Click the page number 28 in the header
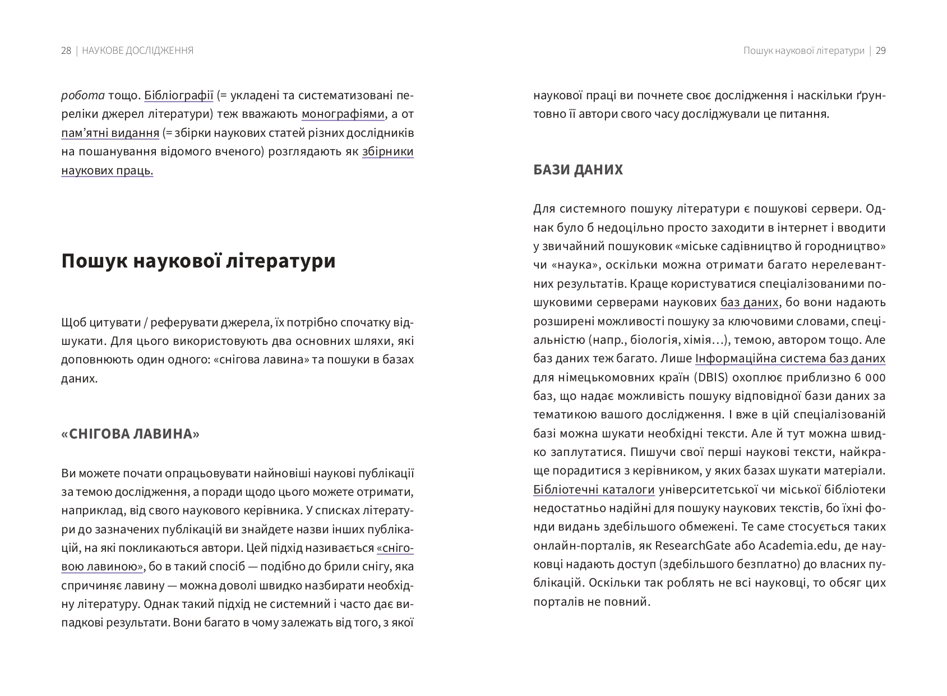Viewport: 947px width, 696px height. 66,50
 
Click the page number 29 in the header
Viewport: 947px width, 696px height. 880,50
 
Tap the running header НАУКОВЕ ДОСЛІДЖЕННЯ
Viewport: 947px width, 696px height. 137,50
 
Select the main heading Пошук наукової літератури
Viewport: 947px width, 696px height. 198,261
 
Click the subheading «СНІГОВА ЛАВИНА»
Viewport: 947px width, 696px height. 130,434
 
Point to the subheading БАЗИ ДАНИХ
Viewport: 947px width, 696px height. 578,169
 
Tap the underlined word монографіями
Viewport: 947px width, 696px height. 343,114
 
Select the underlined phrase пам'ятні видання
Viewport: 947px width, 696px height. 110,133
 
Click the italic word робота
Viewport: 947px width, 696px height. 82,95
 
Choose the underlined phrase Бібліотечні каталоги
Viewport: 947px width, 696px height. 594,490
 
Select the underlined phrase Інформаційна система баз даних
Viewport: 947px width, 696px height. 790,358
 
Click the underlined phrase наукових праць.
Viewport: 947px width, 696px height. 107,170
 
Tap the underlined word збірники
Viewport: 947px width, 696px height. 387,152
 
